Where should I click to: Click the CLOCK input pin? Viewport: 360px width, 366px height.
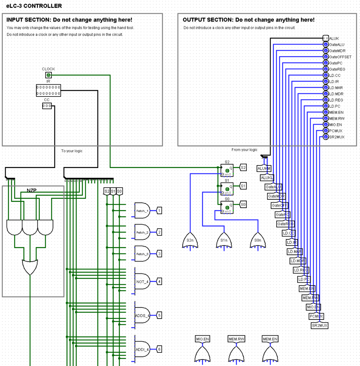(x=48, y=75)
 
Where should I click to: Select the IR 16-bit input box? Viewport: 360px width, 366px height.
(x=48, y=90)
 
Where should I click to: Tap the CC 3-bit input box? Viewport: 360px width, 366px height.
(x=47, y=106)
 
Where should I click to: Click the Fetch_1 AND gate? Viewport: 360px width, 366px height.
(x=142, y=211)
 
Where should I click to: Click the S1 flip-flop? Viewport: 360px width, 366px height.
(x=227, y=189)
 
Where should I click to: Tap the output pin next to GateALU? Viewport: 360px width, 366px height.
(x=325, y=45)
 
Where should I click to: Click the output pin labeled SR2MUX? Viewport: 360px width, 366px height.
(x=325, y=137)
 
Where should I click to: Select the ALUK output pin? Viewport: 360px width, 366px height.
(x=325, y=38)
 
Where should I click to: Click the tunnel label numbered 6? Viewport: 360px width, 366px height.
(x=159, y=349)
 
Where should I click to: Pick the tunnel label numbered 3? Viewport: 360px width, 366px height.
(x=159, y=254)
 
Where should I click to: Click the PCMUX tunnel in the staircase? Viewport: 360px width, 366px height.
(x=316, y=316)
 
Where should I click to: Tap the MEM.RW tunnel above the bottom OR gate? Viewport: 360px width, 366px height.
(x=236, y=339)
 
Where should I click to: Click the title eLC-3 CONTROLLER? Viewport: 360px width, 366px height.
(x=34, y=6)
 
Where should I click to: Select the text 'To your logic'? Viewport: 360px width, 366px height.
(x=71, y=151)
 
